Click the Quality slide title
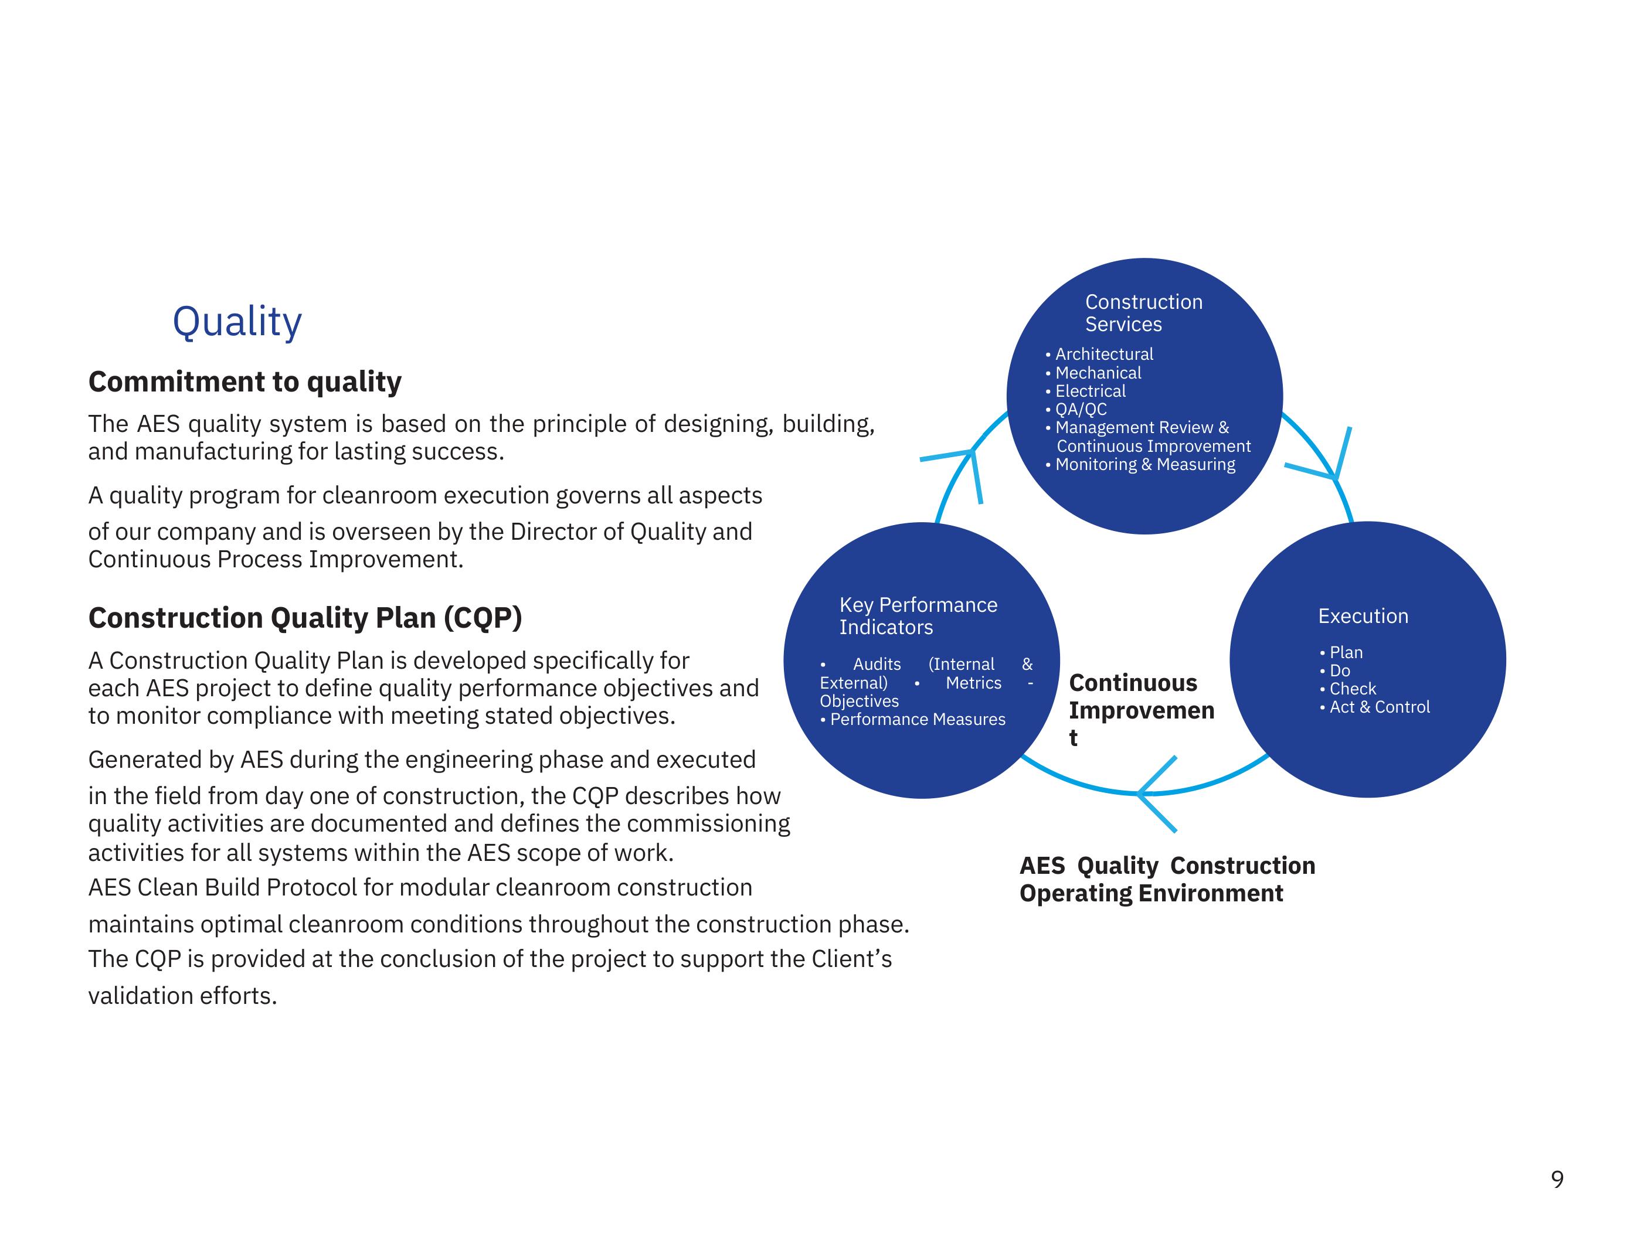(237, 322)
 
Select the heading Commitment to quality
(244, 382)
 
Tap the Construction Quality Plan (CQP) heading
(305, 618)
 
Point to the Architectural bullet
(1103, 355)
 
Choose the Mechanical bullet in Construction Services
(1098, 373)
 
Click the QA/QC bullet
(1080, 410)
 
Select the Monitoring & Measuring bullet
(1144, 465)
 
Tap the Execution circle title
(1363, 617)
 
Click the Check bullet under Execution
(1352, 689)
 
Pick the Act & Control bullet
(1379, 707)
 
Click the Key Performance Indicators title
(918, 616)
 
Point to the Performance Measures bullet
(917, 720)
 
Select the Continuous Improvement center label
(1140, 710)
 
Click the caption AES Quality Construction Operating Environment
(1167, 879)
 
